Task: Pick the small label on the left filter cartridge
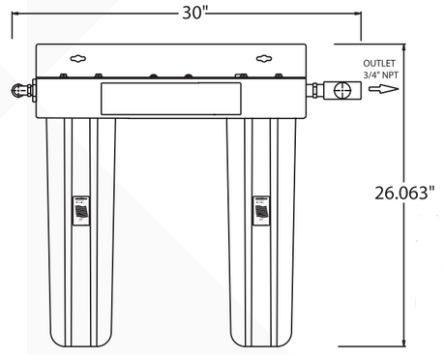pyautogui.click(x=81, y=209)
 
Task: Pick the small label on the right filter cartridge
pyautogui.click(x=261, y=209)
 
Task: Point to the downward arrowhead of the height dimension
pyautogui.click(x=403, y=342)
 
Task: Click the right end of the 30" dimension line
pyautogui.click(x=360, y=13)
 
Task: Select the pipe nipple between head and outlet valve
pyautogui.click(x=317, y=91)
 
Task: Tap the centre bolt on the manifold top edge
pyautogui.click(x=152, y=75)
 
